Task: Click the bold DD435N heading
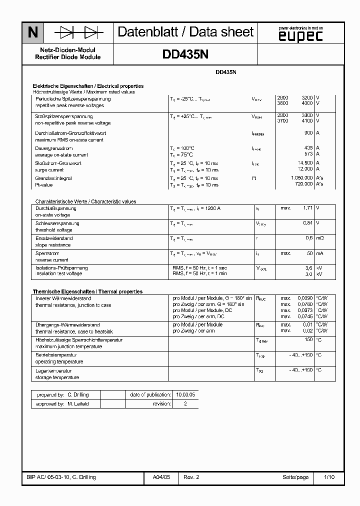[x=185, y=54]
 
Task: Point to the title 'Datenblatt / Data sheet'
[x=185, y=32]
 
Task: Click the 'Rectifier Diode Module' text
[x=68, y=57]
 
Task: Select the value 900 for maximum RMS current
[x=308, y=133]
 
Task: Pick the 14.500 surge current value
[x=305, y=163]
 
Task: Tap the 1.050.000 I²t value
[x=301, y=178]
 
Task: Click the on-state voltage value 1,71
[x=308, y=208]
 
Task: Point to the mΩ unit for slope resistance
[x=320, y=238]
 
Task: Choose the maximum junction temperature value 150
[x=308, y=340]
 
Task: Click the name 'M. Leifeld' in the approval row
[x=79, y=403]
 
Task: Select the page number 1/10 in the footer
[x=329, y=477]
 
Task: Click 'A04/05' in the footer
[x=161, y=477]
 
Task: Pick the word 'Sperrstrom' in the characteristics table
[x=47, y=253]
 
